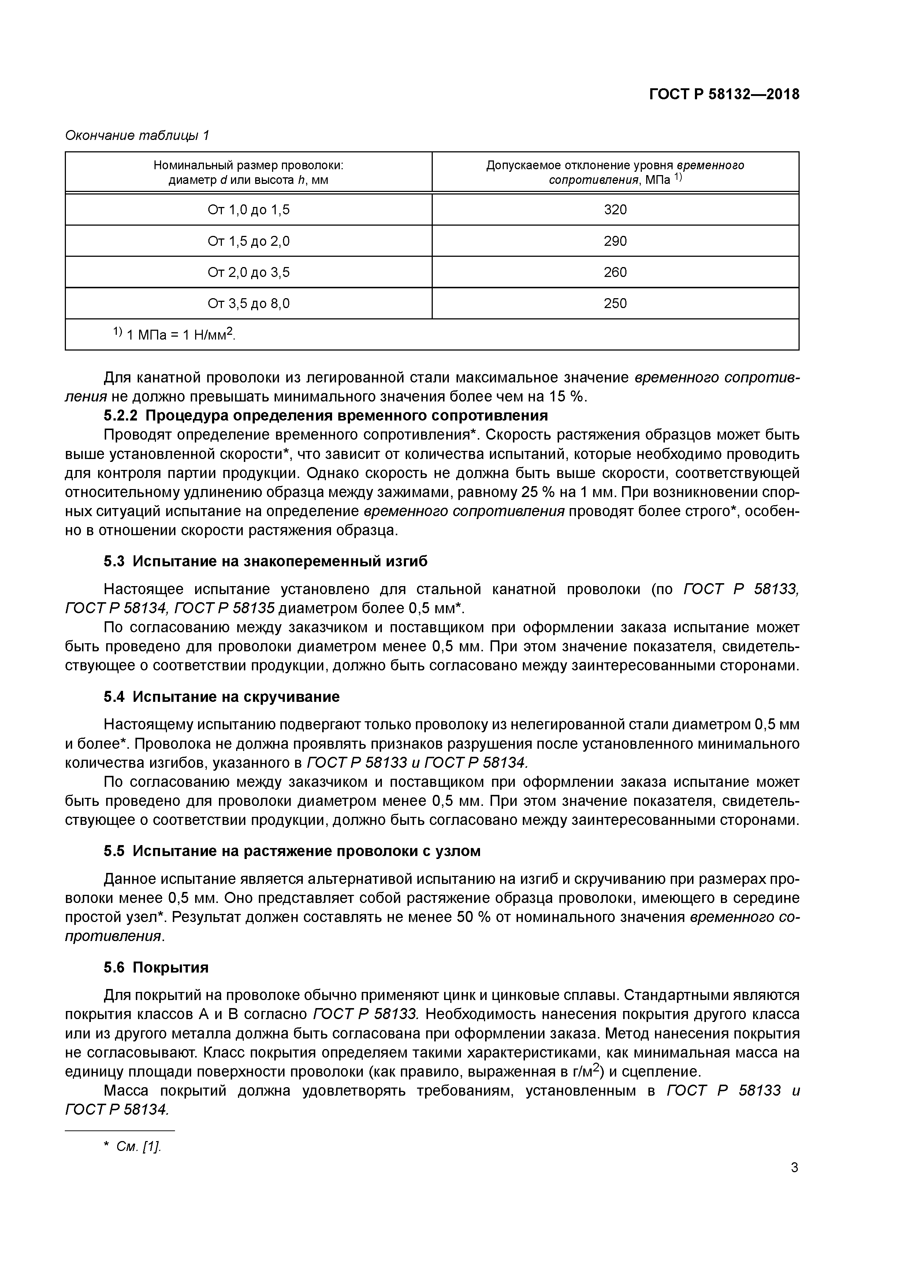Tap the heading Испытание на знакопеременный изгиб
(280, 561)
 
